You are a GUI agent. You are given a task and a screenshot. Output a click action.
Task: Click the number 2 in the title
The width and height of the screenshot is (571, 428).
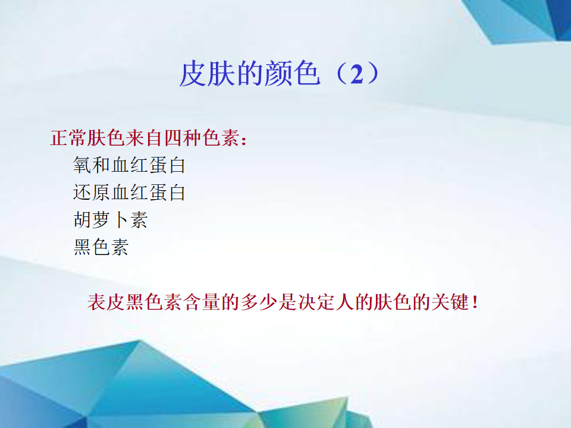click(356, 74)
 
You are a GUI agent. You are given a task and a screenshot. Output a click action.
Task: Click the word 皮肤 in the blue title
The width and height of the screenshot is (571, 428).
click(208, 74)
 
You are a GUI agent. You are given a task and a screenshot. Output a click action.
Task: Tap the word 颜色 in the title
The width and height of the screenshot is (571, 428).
click(293, 74)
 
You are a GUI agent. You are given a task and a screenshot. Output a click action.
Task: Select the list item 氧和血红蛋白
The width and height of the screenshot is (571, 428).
click(129, 165)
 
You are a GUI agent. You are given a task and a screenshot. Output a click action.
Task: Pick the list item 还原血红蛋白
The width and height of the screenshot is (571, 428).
click(129, 192)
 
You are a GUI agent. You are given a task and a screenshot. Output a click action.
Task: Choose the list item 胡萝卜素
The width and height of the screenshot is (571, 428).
click(111, 220)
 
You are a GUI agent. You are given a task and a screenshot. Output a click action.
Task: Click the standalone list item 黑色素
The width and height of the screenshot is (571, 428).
click(101, 247)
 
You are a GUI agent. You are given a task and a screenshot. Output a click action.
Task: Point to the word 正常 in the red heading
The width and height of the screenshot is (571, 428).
click(68, 138)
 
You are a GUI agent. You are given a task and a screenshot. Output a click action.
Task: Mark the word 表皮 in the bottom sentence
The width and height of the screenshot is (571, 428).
click(106, 302)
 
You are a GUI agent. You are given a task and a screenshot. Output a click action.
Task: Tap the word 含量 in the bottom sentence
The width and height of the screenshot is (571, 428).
click(202, 302)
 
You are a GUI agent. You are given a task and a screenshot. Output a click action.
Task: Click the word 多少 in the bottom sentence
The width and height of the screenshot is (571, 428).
click(259, 302)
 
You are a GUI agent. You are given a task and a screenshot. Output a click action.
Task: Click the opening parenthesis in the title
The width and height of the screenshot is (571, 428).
click(340, 74)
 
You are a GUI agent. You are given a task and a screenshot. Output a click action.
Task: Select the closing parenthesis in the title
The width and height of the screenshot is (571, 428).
click(373, 74)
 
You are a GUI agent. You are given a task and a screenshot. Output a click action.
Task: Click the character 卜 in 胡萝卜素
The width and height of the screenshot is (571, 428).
click(120, 220)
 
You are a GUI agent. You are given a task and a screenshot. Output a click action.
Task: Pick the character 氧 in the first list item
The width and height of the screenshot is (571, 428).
click(82, 165)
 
